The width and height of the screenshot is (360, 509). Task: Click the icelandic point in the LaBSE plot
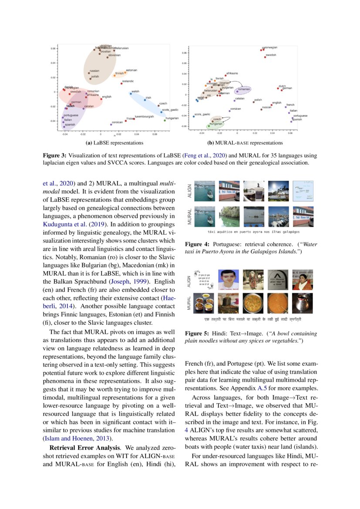click(x=121, y=84)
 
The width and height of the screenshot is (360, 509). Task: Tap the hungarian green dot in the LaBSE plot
click(x=165, y=121)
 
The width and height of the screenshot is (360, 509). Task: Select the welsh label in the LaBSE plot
click(x=135, y=91)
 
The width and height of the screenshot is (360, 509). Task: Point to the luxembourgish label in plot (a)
click(x=145, y=117)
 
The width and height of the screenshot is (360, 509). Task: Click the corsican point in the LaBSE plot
click(x=111, y=125)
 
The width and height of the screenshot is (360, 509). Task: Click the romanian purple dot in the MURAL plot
click(x=237, y=92)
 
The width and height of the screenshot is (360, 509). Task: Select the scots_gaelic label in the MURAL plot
click(x=202, y=114)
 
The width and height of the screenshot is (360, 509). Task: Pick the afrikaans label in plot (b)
click(x=232, y=74)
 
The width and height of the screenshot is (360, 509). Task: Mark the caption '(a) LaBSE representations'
click(x=114, y=143)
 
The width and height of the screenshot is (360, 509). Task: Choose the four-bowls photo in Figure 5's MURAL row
click(x=203, y=303)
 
